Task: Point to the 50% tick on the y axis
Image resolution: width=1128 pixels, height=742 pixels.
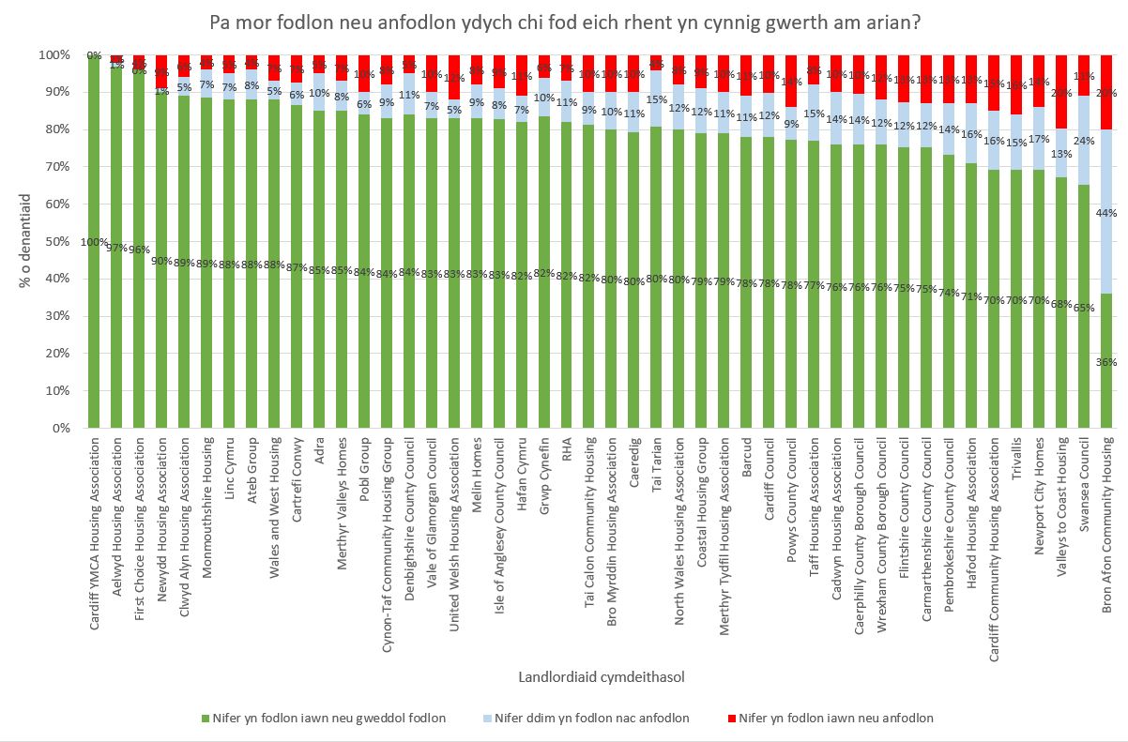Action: pyautogui.click(x=55, y=241)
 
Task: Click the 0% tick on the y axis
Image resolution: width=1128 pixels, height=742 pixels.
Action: pyautogui.click(x=59, y=428)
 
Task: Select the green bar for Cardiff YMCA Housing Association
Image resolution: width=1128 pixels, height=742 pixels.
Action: pyautogui.click(x=94, y=281)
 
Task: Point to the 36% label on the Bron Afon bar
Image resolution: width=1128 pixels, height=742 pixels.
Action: pyautogui.click(x=1107, y=362)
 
